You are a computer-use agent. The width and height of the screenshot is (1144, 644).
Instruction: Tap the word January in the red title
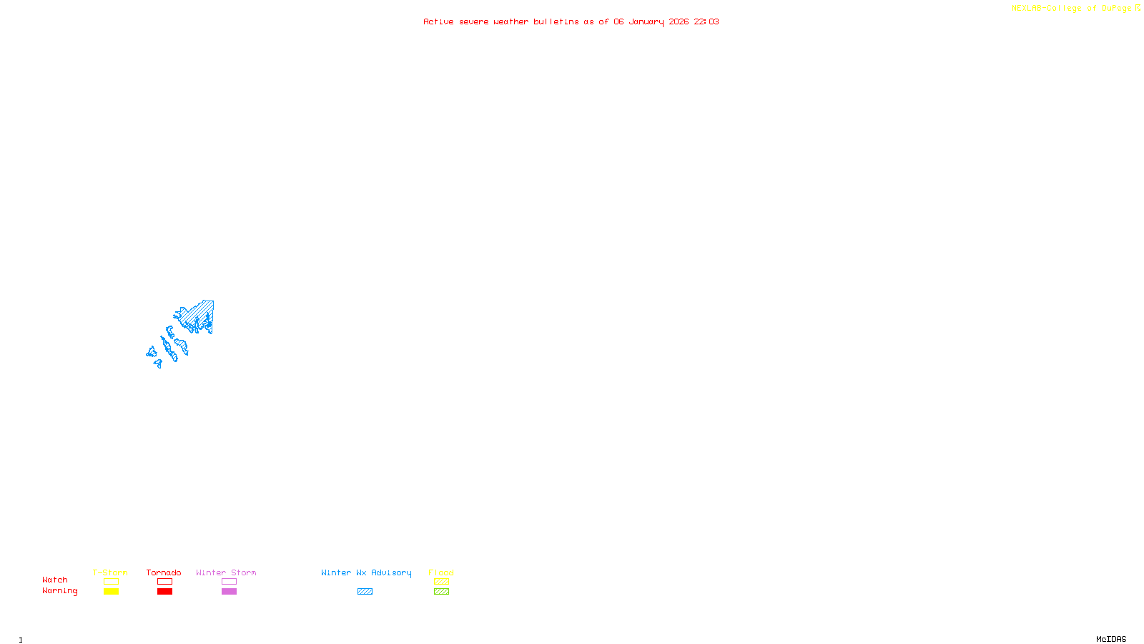(x=646, y=21)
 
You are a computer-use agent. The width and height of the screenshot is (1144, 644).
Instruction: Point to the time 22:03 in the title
(x=706, y=21)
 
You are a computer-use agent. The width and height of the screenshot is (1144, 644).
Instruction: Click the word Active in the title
(x=438, y=21)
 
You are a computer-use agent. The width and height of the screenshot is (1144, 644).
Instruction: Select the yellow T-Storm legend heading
(x=110, y=572)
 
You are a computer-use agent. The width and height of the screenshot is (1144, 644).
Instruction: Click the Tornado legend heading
(x=164, y=572)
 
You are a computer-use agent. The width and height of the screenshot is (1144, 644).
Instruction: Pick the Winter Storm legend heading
(x=226, y=572)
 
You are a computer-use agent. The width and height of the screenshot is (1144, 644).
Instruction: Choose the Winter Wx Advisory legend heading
(x=366, y=572)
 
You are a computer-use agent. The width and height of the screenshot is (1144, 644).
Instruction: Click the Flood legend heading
(x=441, y=572)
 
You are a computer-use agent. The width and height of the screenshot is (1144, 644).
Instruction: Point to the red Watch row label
(x=55, y=580)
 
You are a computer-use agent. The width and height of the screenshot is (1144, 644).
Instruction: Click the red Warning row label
(x=59, y=591)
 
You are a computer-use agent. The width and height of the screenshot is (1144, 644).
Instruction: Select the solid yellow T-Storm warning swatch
(x=111, y=592)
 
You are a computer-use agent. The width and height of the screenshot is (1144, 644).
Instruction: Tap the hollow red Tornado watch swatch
(x=165, y=582)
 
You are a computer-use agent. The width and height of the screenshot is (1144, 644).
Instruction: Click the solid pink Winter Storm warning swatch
(x=229, y=592)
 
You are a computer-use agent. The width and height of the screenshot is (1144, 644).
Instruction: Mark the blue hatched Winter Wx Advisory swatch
(x=365, y=592)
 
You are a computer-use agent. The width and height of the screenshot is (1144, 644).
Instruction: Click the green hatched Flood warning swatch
(x=441, y=592)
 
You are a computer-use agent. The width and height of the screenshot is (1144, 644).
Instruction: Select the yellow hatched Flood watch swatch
(x=441, y=582)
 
